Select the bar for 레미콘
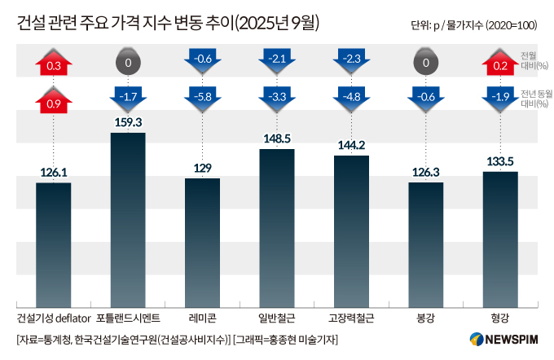pyautogui.click(x=202, y=241)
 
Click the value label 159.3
pyautogui.click(x=128, y=122)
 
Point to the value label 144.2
pyautogui.click(x=351, y=145)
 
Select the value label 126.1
pyautogui.click(x=54, y=173)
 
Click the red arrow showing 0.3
pyautogui.click(x=54, y=64)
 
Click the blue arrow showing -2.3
pyautogui.click(x=351, y=59)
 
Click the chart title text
pyautogui.click(x=168, y=24)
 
